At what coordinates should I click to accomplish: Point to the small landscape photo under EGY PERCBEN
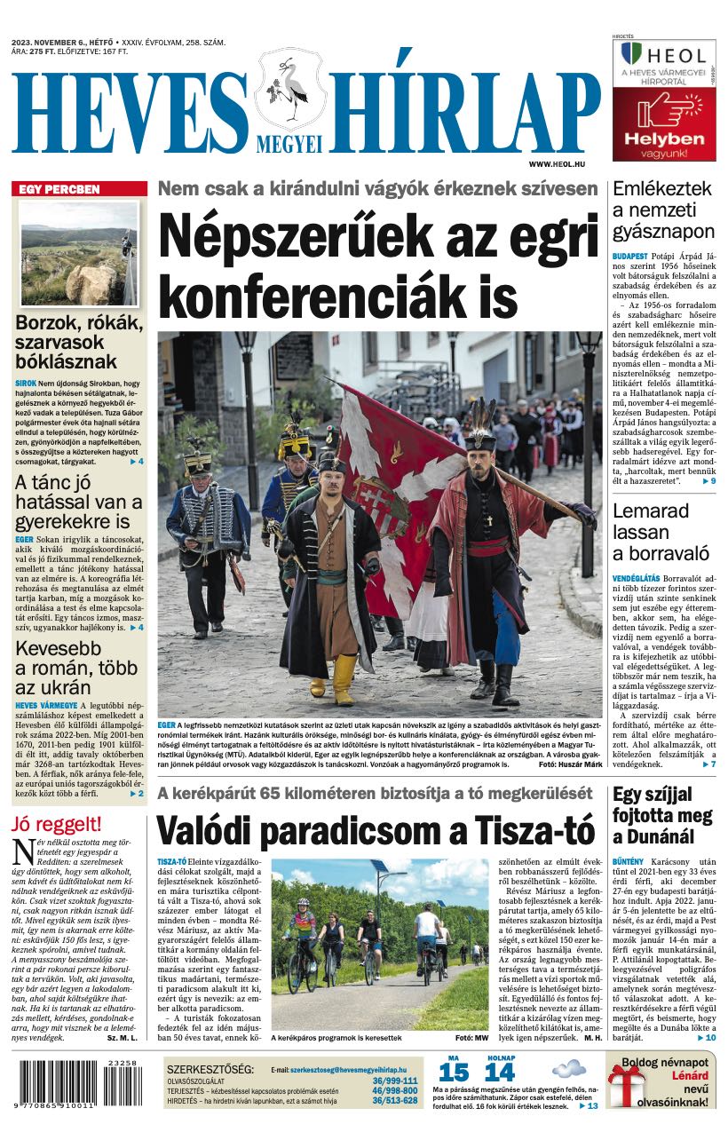(x=79, y=254)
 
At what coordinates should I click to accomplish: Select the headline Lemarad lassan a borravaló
(x=661, y=532)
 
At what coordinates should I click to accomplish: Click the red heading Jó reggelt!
(x=59, y=823)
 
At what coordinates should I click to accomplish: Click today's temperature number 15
(x=454, y=1073)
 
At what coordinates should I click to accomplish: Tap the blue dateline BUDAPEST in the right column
(x=629, y=256)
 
